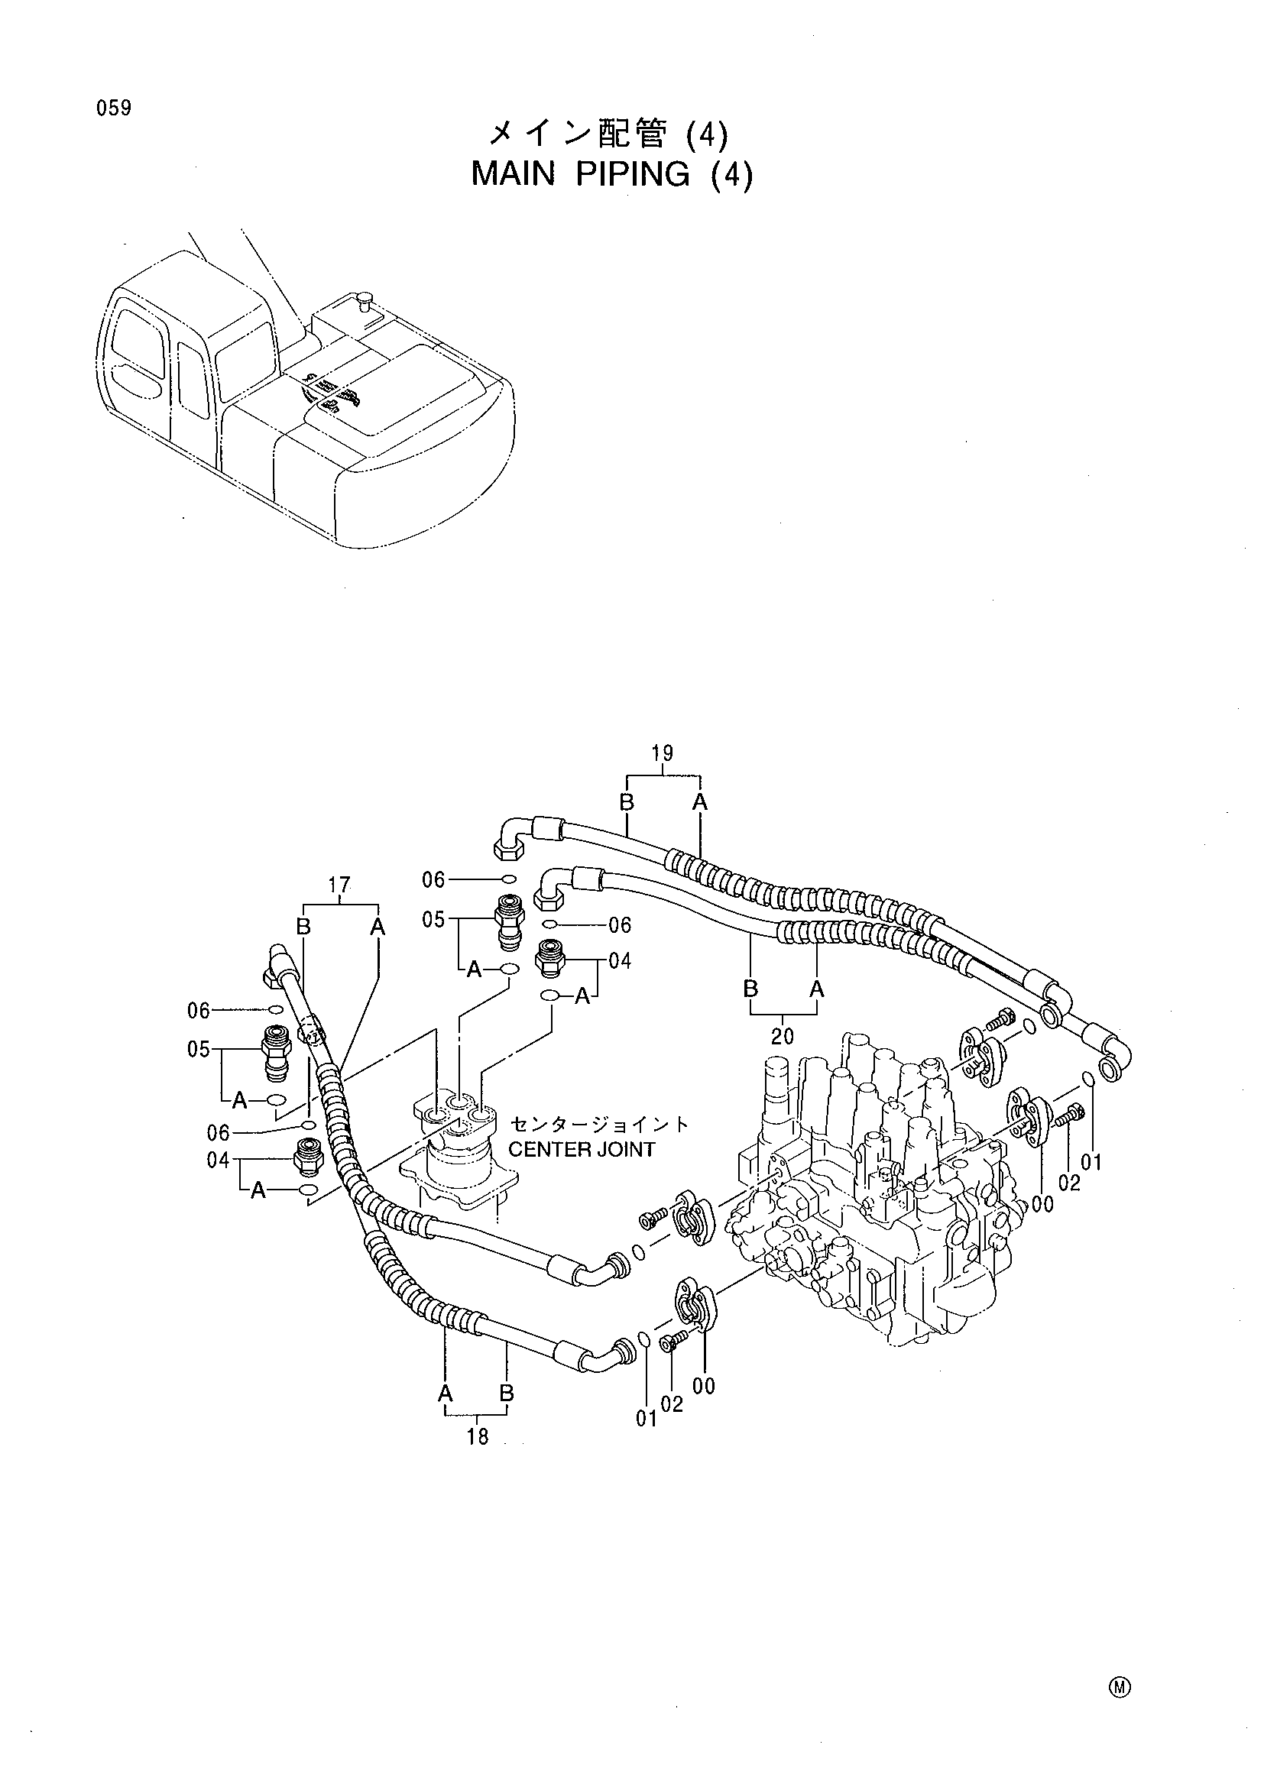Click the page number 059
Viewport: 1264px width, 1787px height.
(114, 108)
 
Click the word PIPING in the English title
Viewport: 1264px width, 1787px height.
(633, 176)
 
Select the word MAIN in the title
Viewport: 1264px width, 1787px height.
(513, 175)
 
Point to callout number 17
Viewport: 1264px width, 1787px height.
(339, 885)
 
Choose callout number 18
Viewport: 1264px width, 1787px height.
(478, 1437)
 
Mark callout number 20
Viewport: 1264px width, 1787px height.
(783, 1036)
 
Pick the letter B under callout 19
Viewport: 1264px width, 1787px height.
(627, 802)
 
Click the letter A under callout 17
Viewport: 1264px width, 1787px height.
(378, 926)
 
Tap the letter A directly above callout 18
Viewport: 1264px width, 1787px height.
(446, 1393)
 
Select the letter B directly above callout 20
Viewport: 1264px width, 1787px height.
(750, 989)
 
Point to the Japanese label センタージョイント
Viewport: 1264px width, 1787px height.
(599, 1125)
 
